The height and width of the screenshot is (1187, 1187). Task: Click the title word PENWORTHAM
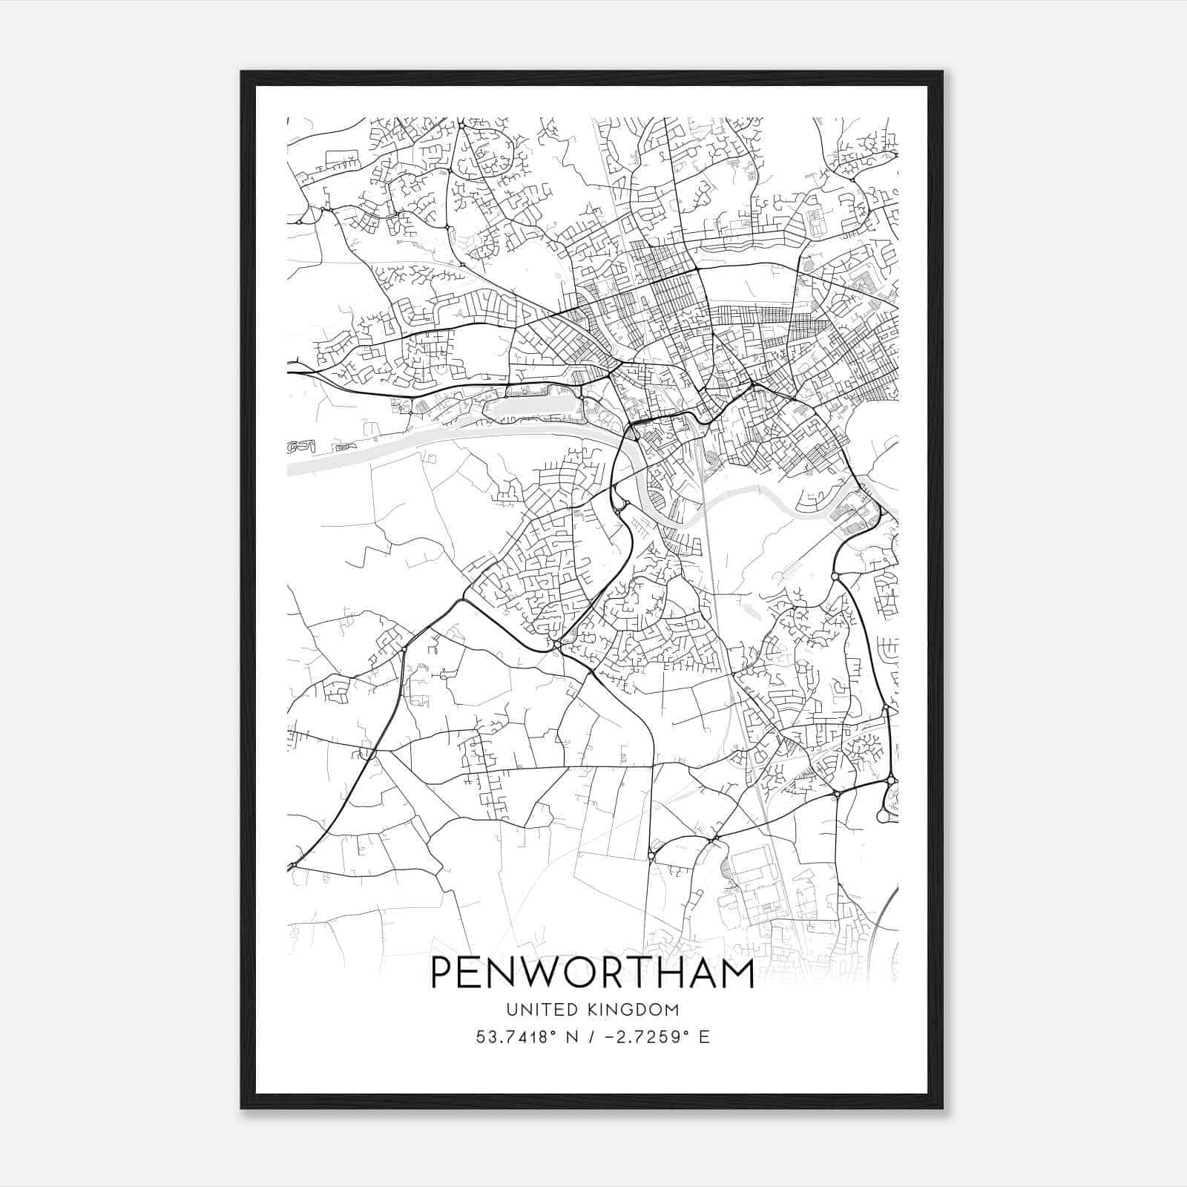[x=592, y=973]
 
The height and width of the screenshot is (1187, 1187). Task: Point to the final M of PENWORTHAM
[x=736, y=973]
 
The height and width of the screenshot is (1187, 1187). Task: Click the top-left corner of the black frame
[x=242, y=73]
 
